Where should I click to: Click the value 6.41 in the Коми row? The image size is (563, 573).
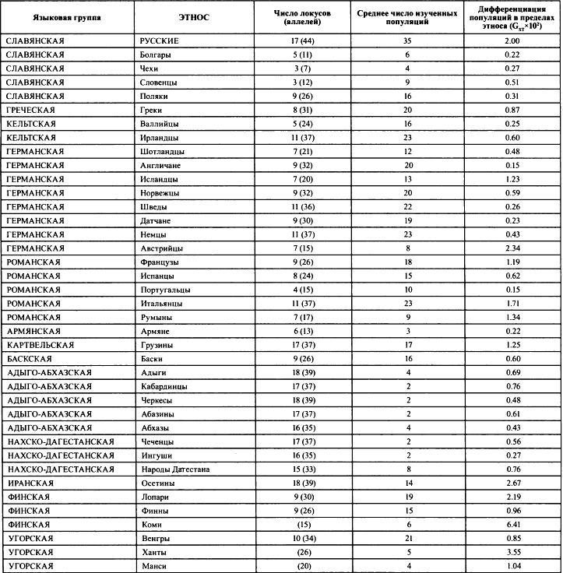[512, 525]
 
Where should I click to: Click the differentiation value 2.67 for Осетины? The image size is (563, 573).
[512, 483]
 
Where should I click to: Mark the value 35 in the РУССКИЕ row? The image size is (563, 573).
[407, 40]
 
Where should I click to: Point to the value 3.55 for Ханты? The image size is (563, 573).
[512, 552]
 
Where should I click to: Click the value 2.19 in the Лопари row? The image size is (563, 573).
[512, 497]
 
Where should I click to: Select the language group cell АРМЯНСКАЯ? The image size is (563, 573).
[33, 331]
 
